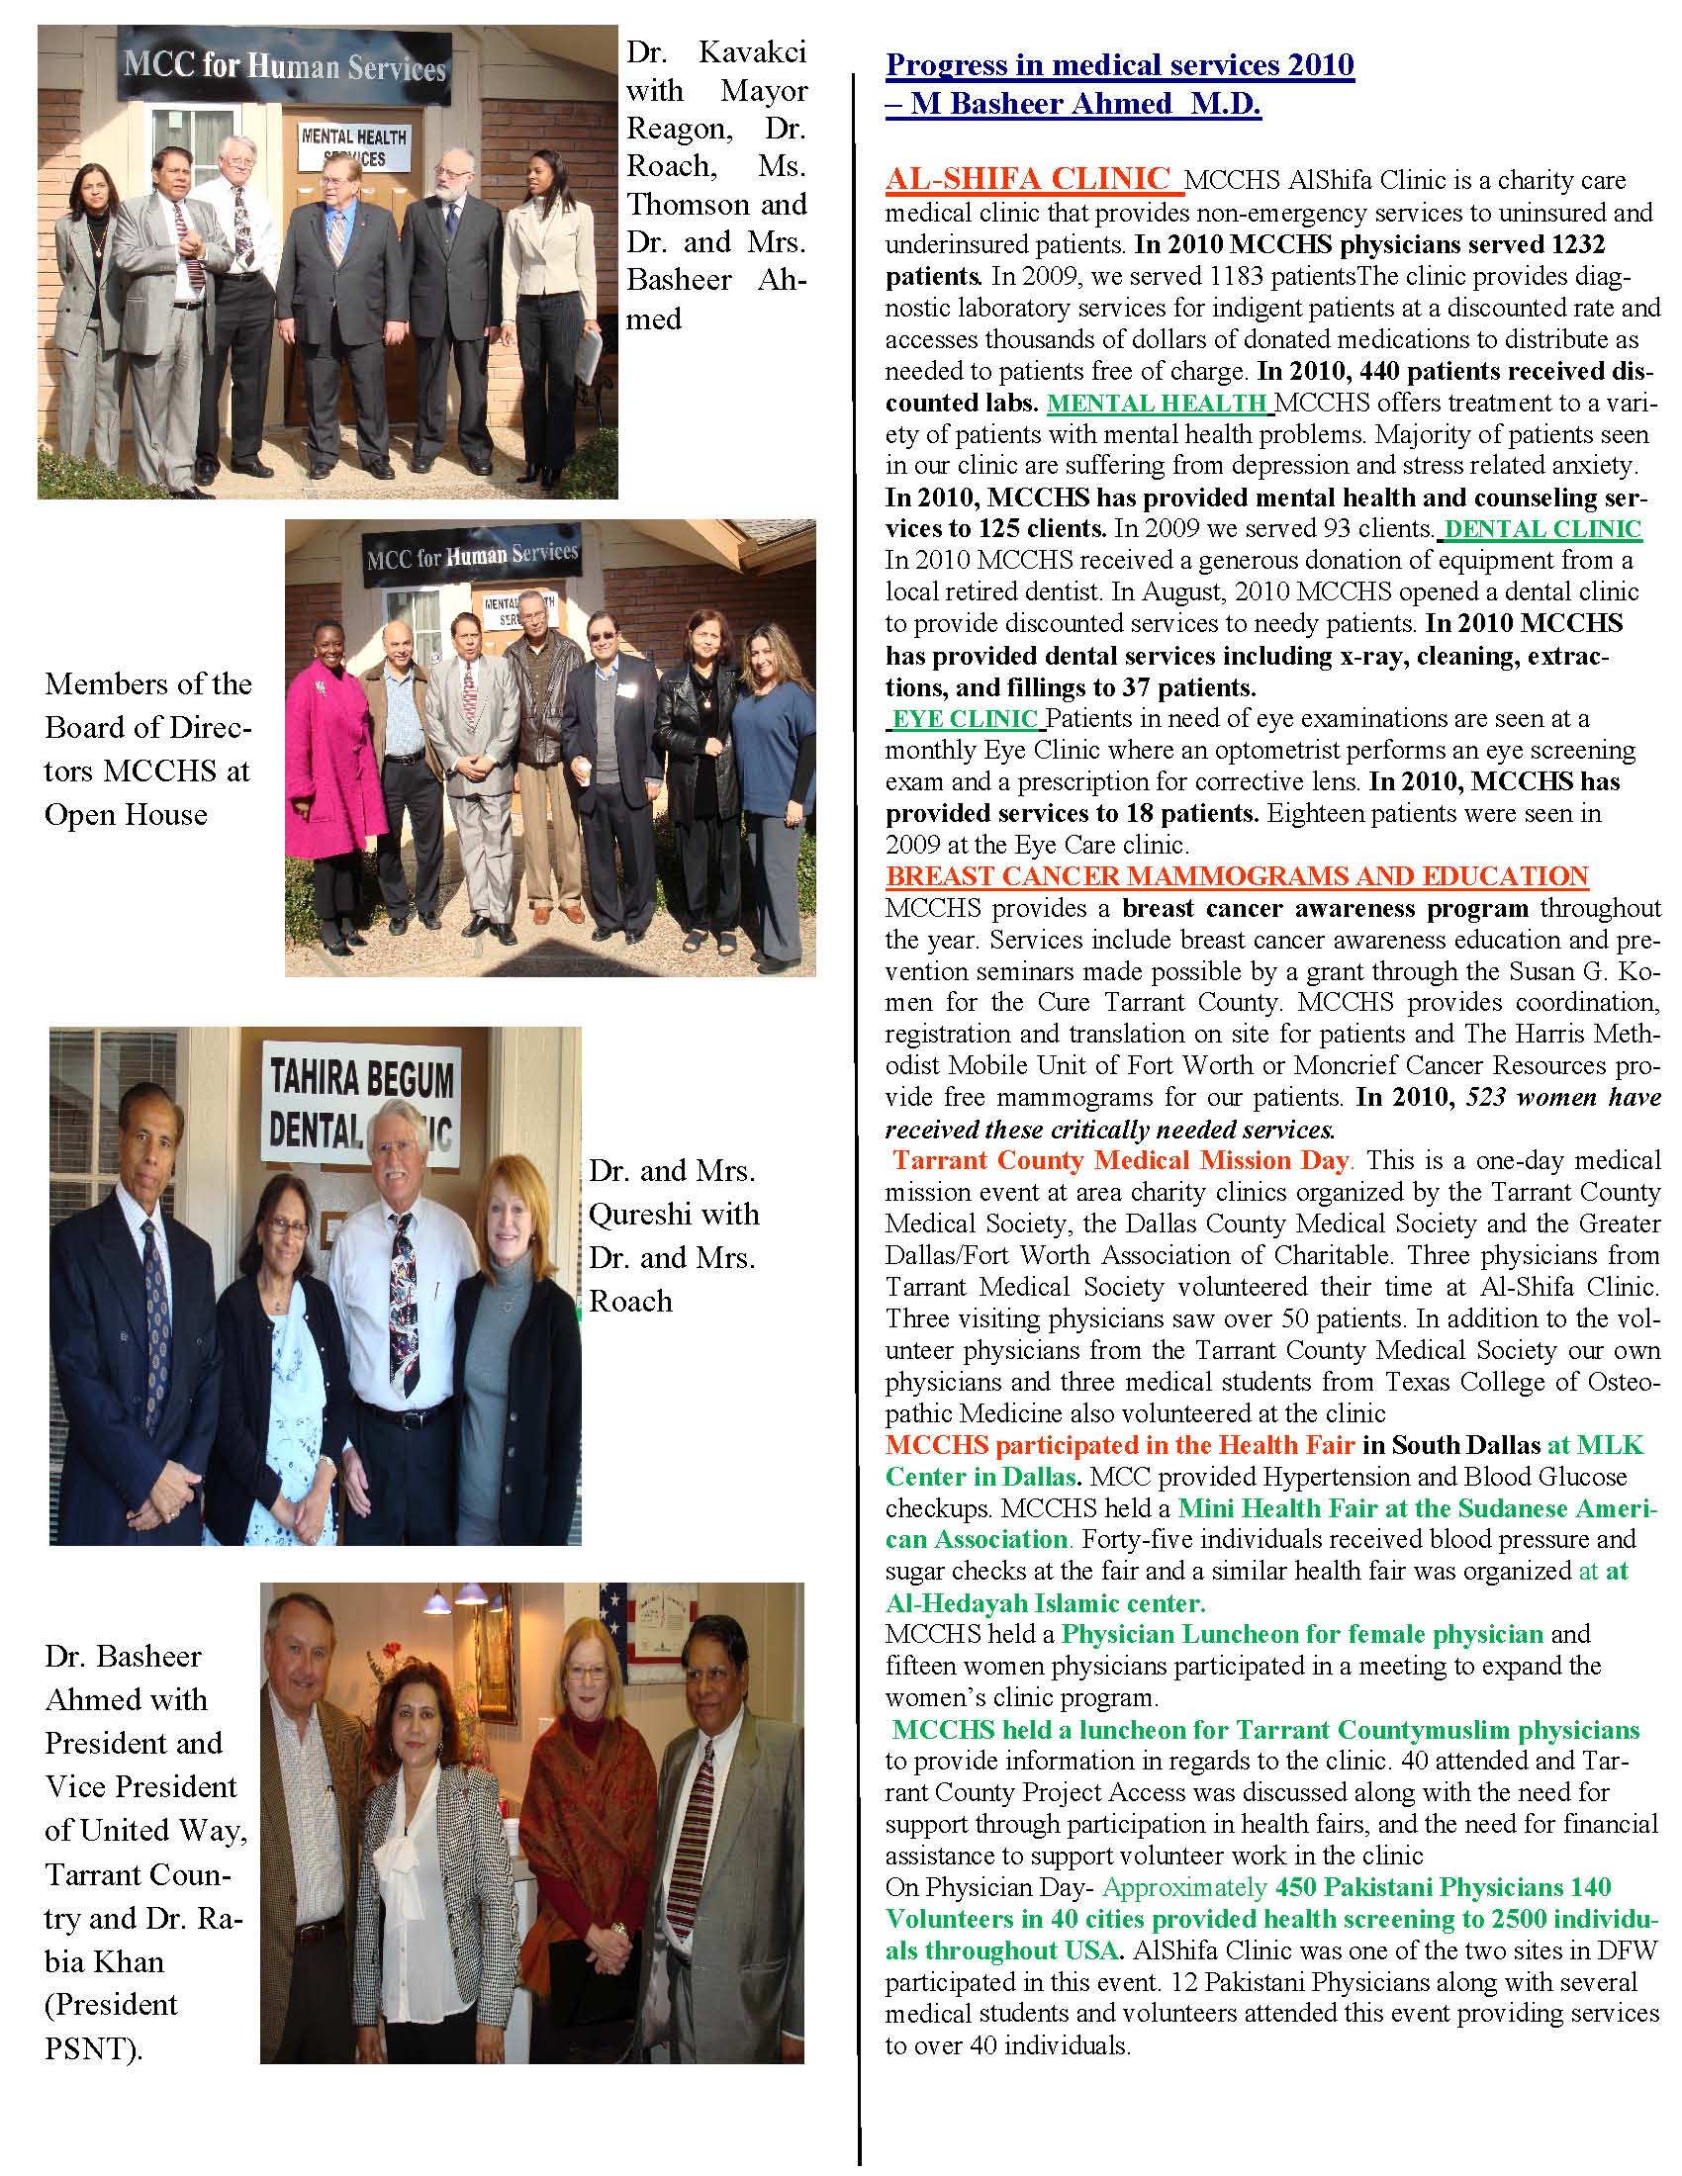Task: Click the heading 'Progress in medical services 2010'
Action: (1119, 65)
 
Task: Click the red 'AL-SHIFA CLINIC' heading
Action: (1027, 178)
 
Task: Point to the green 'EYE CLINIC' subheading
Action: (965, 718)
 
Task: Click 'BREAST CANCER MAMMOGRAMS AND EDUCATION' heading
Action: (1237, 876)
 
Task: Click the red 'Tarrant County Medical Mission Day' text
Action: (1121, 1161)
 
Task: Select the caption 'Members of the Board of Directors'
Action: (147, 750)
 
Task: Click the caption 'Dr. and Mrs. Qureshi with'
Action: (674, 1193)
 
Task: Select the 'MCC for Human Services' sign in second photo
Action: (471, 554)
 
